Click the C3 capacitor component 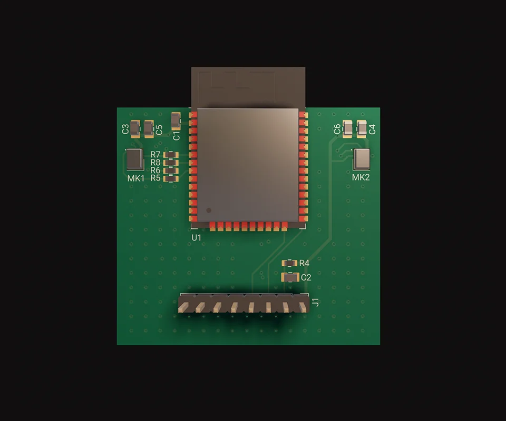point(135,129)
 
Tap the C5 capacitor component point(149,129)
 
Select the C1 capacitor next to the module point(176,121)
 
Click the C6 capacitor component point(347,129)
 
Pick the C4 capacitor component point(362,129)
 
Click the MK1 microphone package point(134,160)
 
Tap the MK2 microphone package point(362,159)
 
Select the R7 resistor point(171,155)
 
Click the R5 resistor point(171,179)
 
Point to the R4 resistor point(289,263)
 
